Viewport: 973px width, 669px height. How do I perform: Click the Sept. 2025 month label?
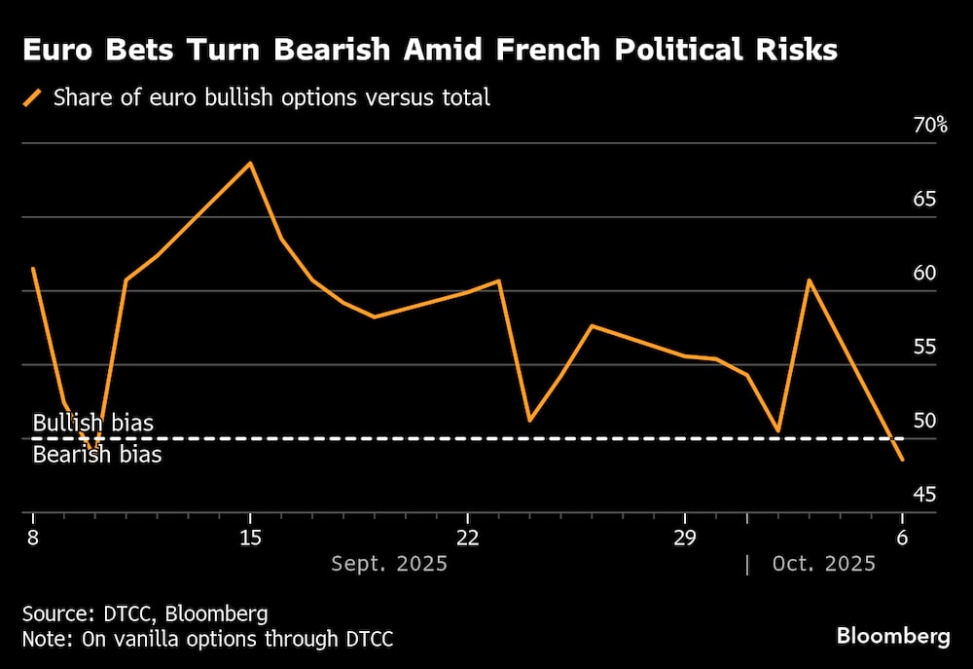pos(389,564)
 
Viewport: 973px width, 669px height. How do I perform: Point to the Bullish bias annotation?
pos(92,424)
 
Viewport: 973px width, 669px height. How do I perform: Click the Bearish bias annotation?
pos(97,454)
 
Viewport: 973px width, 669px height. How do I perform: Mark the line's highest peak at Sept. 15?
pos(250,163)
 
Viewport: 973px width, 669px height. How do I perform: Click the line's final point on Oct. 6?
pos(903,460)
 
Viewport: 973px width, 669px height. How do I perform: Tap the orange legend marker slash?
pos(34,97)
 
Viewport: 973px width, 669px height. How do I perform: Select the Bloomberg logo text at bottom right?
pos(893,636)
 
